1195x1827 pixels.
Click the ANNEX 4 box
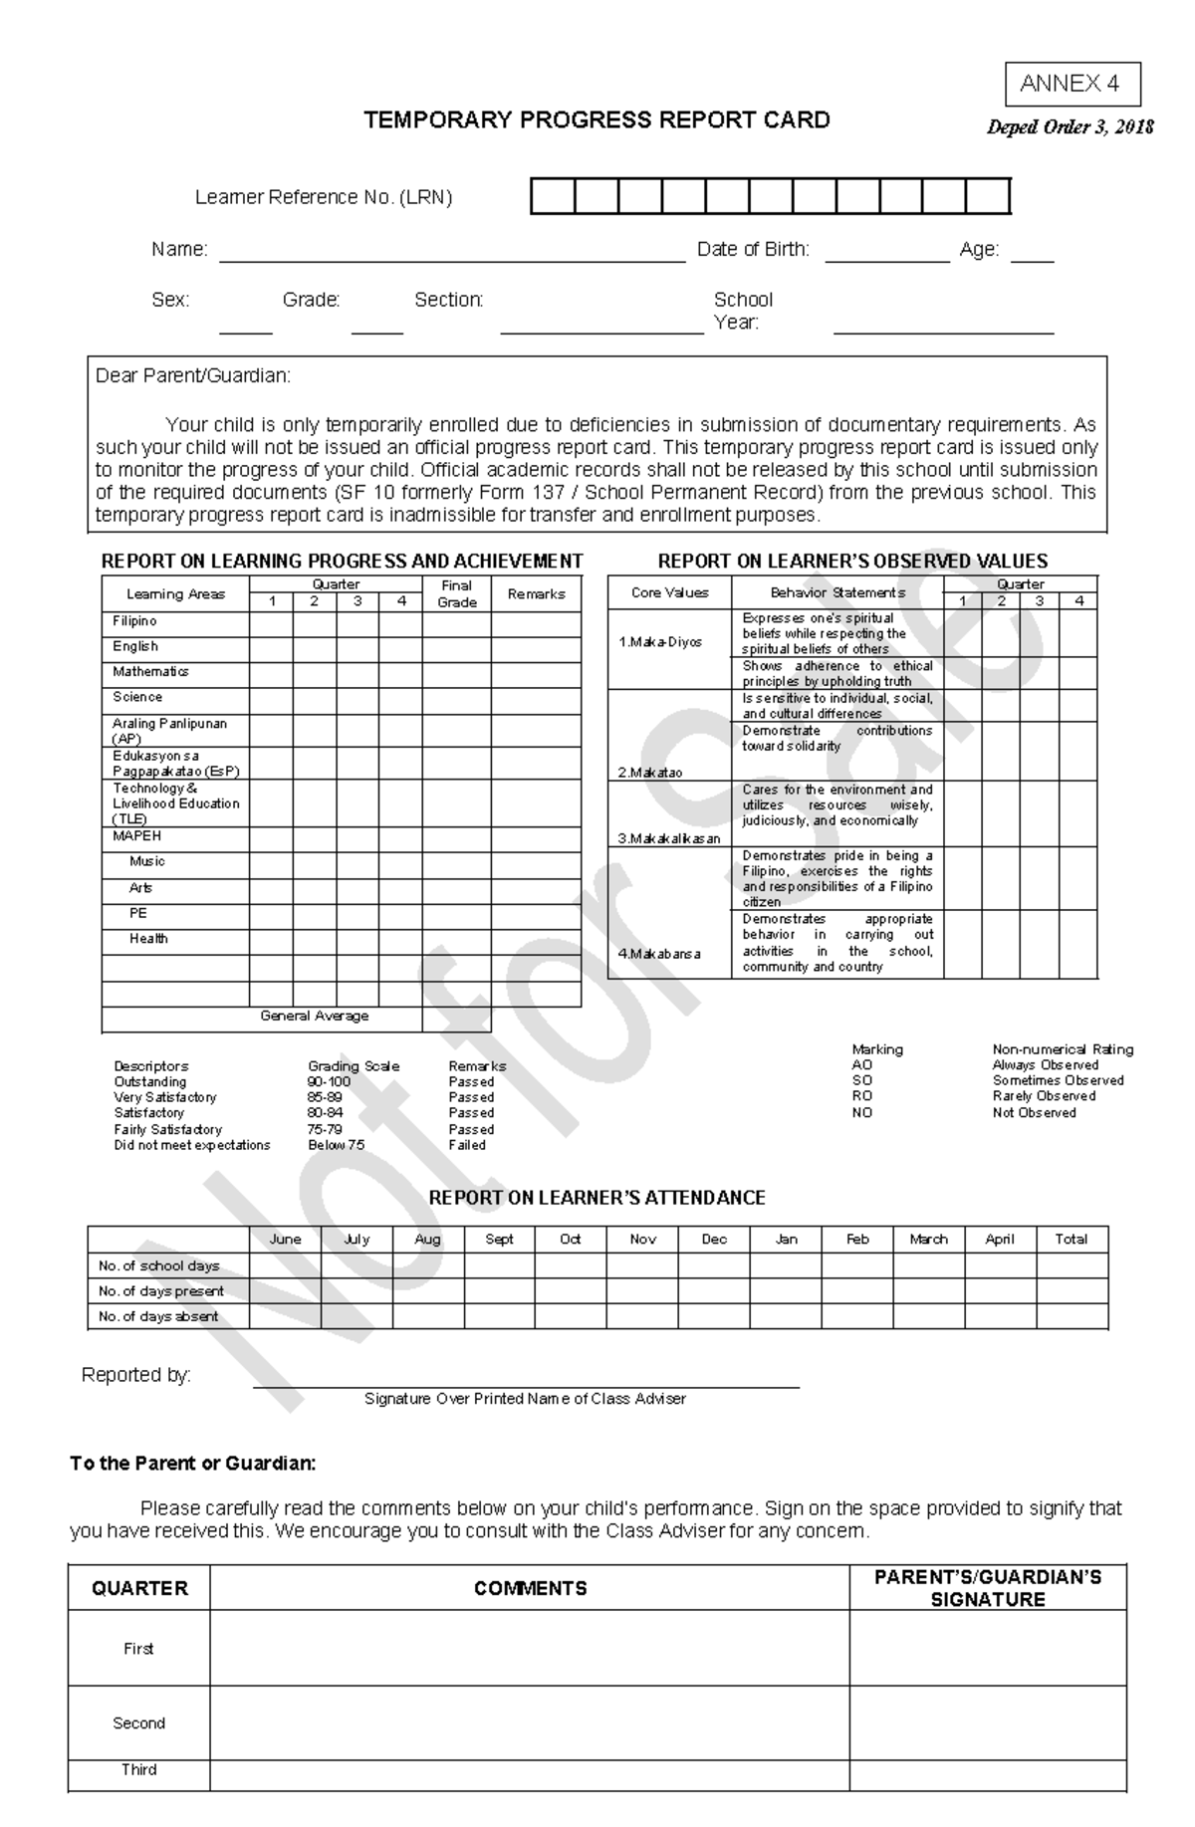click(1072, 85)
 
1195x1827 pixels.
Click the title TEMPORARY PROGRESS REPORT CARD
click(597, 120)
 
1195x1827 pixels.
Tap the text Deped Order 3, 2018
click(1070, 127)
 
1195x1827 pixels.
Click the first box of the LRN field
click(553, 196)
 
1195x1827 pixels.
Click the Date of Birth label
click(753, 250)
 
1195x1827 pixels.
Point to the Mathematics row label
click(150, 672)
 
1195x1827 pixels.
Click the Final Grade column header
click(456, 593)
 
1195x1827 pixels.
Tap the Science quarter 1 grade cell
click(271, 699)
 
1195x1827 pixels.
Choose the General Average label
click(314, 1017)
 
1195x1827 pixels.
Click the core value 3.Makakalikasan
click(668, 838)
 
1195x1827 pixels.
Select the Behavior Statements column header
click(837, 592)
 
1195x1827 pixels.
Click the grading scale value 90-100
click(329, 1081)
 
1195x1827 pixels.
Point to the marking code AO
click(861, 1064)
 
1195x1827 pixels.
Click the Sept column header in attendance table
click(499, 1240)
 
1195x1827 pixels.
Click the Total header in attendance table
click(1071, 1240)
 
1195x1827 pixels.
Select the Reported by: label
click(135, 1375)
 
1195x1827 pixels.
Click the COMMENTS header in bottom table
click(530, 1589)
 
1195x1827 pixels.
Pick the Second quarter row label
click(138, 1723)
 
